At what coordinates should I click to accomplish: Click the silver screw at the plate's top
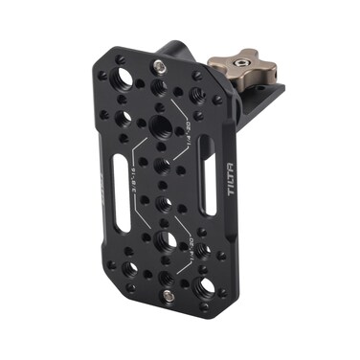pyautogui.click(x=159, y=66)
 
